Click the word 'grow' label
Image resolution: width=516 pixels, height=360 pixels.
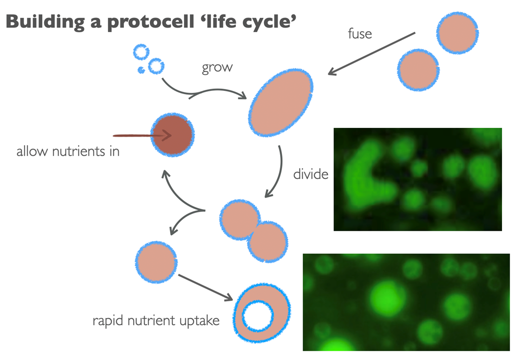(x=217, y=67)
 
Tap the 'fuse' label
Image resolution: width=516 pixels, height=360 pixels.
(x=360, y=34)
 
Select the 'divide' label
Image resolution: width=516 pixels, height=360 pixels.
(x=310, y=174)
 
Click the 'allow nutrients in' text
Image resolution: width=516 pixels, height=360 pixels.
(x=68, y=152)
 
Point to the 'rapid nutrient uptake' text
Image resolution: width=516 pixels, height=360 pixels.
(x=156, y=320)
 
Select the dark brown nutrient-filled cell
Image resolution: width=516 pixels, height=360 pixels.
(x=172, y=135)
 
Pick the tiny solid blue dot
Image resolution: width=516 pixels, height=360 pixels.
(x=141, y=70)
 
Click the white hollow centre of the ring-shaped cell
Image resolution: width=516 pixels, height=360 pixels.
(x=258, y=316)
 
